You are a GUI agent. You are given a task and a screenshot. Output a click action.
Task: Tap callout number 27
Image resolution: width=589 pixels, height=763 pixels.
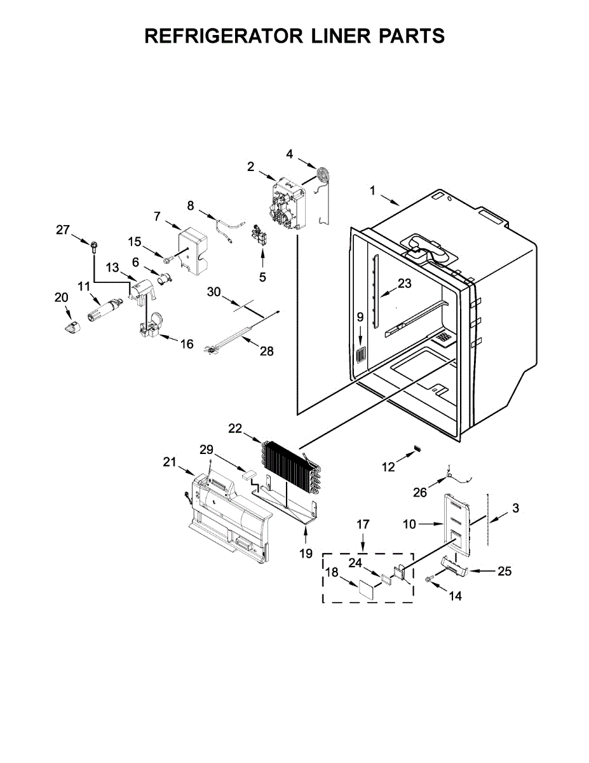click(x=62, y=230)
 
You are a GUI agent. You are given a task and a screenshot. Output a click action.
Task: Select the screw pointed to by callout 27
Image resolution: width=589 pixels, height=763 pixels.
click(x=94, y=245)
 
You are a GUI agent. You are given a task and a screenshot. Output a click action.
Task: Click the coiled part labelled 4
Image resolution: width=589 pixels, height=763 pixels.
click(x=325, y=174)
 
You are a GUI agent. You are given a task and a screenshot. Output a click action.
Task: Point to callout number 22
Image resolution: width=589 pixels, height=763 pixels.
click(x=235, y=429)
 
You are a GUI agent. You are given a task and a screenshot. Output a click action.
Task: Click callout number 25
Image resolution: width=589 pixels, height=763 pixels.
click(x=504, y=571)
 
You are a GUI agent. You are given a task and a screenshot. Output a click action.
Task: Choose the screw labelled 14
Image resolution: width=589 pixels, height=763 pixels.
click(x=430, y=579)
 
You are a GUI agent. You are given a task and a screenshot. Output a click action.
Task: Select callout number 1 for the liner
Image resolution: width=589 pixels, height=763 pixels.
click(x=373, y=190)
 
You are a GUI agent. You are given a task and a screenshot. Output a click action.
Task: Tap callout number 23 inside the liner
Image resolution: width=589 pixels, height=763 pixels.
click(x=405, y=284)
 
